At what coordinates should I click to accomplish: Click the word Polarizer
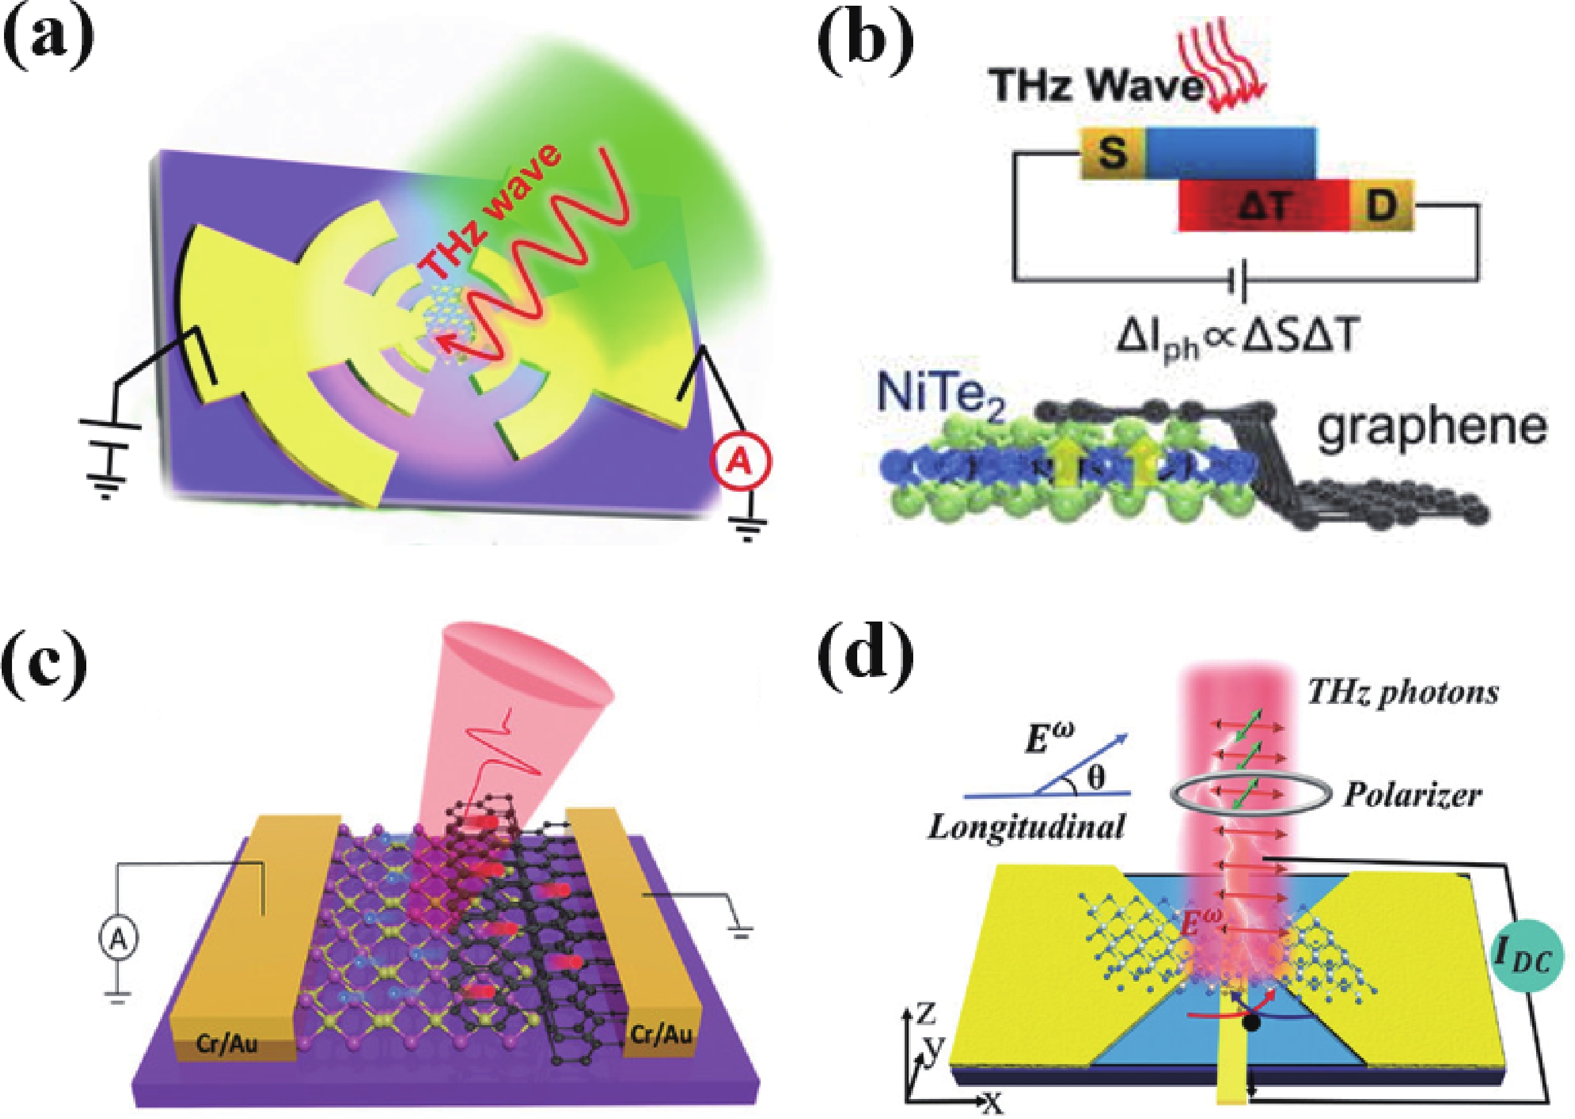click(x=1412, y=796)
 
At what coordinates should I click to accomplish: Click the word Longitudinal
click(x=1026, y=826)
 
